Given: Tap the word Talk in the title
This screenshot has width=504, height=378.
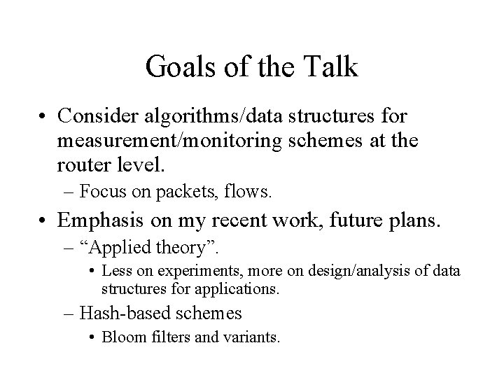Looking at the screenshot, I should click(x=332, y=68).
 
